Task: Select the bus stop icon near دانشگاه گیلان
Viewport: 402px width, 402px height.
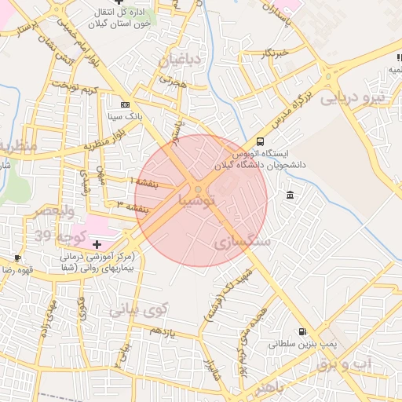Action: tap(260, 141)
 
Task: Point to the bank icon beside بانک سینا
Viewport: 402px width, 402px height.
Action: tap(125, 104)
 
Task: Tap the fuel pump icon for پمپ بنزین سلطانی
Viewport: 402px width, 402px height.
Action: tap(303, 333)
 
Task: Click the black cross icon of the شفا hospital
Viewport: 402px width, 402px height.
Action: tap(97, 246)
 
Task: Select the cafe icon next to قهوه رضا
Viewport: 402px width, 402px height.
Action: tap(17, 258)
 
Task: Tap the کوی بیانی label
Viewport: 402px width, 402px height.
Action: tap(138, 310)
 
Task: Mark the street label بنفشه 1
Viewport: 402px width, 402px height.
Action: tap(143, 181)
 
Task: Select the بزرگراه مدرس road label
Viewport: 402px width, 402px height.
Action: tap(292, 108)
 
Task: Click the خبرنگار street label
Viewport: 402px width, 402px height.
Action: tap(280, 53)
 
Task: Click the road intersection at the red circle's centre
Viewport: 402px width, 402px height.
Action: tap(200, 189)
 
